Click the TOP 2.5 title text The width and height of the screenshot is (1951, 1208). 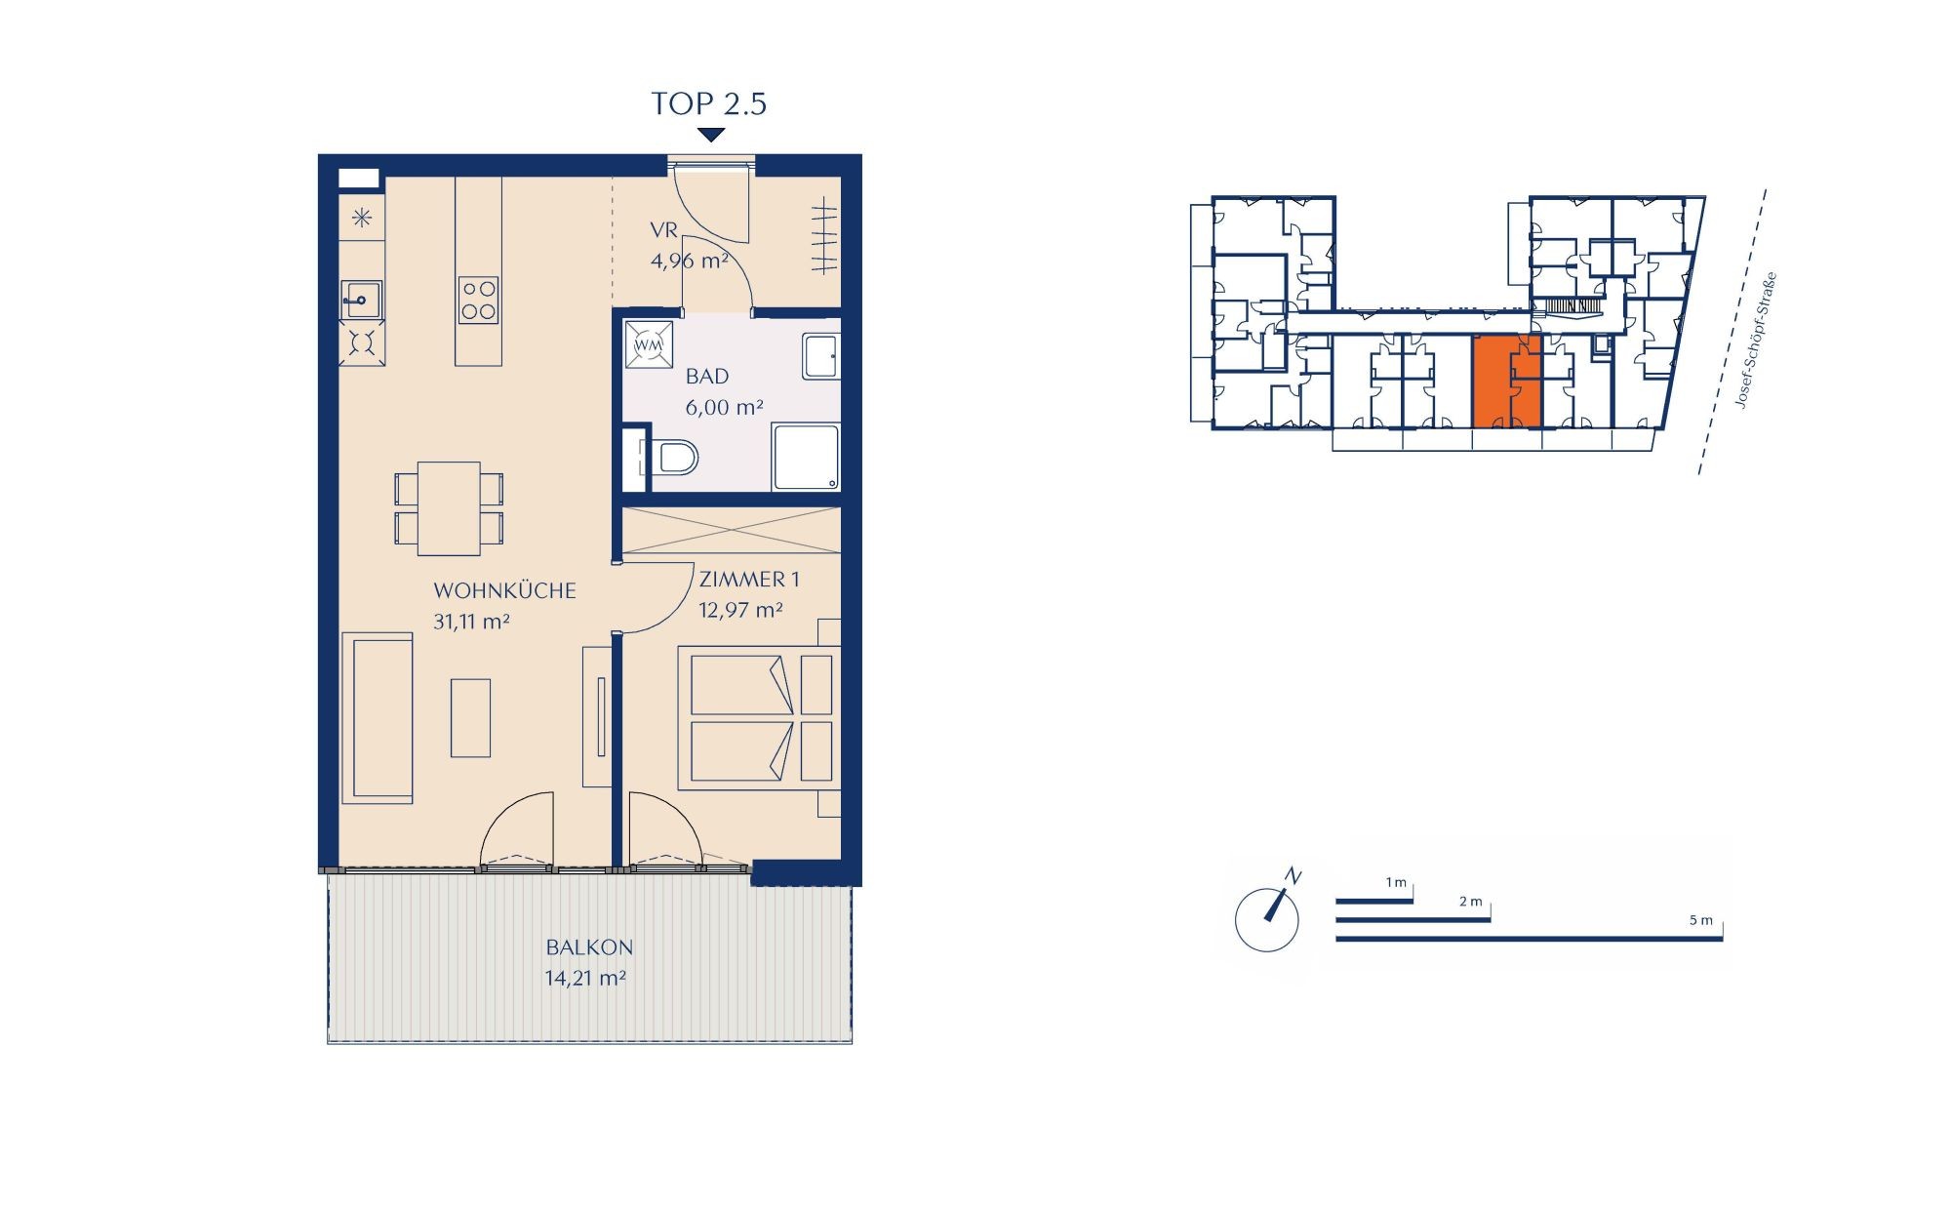[709, 103]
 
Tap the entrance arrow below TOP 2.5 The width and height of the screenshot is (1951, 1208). [711, 135]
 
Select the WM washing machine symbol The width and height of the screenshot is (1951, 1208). [649, 345]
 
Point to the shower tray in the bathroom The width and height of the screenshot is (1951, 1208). [806, 457]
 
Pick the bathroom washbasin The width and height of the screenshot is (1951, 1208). [820, 356]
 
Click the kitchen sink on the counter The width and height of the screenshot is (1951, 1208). [361, 300]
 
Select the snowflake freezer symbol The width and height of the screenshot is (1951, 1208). [362, 219]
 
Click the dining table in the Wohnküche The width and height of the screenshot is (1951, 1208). [449, 508]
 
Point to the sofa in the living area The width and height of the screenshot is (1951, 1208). [378, 717]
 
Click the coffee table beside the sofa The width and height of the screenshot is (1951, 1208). [470, 717]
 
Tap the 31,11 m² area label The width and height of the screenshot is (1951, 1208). [472, 622]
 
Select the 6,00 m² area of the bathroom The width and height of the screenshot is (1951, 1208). [724, 408]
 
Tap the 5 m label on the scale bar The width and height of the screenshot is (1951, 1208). [1700, 920]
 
